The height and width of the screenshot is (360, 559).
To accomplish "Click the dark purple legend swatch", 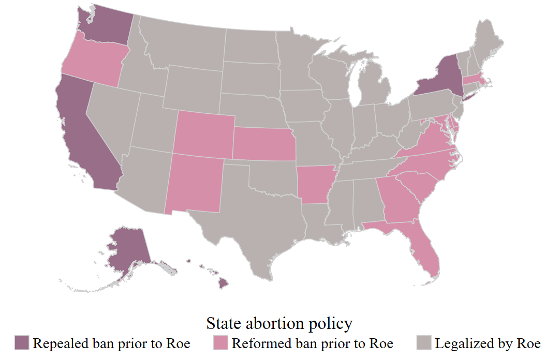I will [x=22, y=343].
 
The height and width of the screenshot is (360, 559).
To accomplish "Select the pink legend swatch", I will [x=221, y=343].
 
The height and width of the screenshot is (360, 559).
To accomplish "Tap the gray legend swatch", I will [x=424, y=343].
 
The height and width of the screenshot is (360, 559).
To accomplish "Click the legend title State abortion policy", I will [x=279, y=324].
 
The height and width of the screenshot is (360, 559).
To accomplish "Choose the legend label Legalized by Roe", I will [x=488, y=343].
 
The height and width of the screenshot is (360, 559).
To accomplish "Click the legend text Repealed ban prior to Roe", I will [x=111, y=343].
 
